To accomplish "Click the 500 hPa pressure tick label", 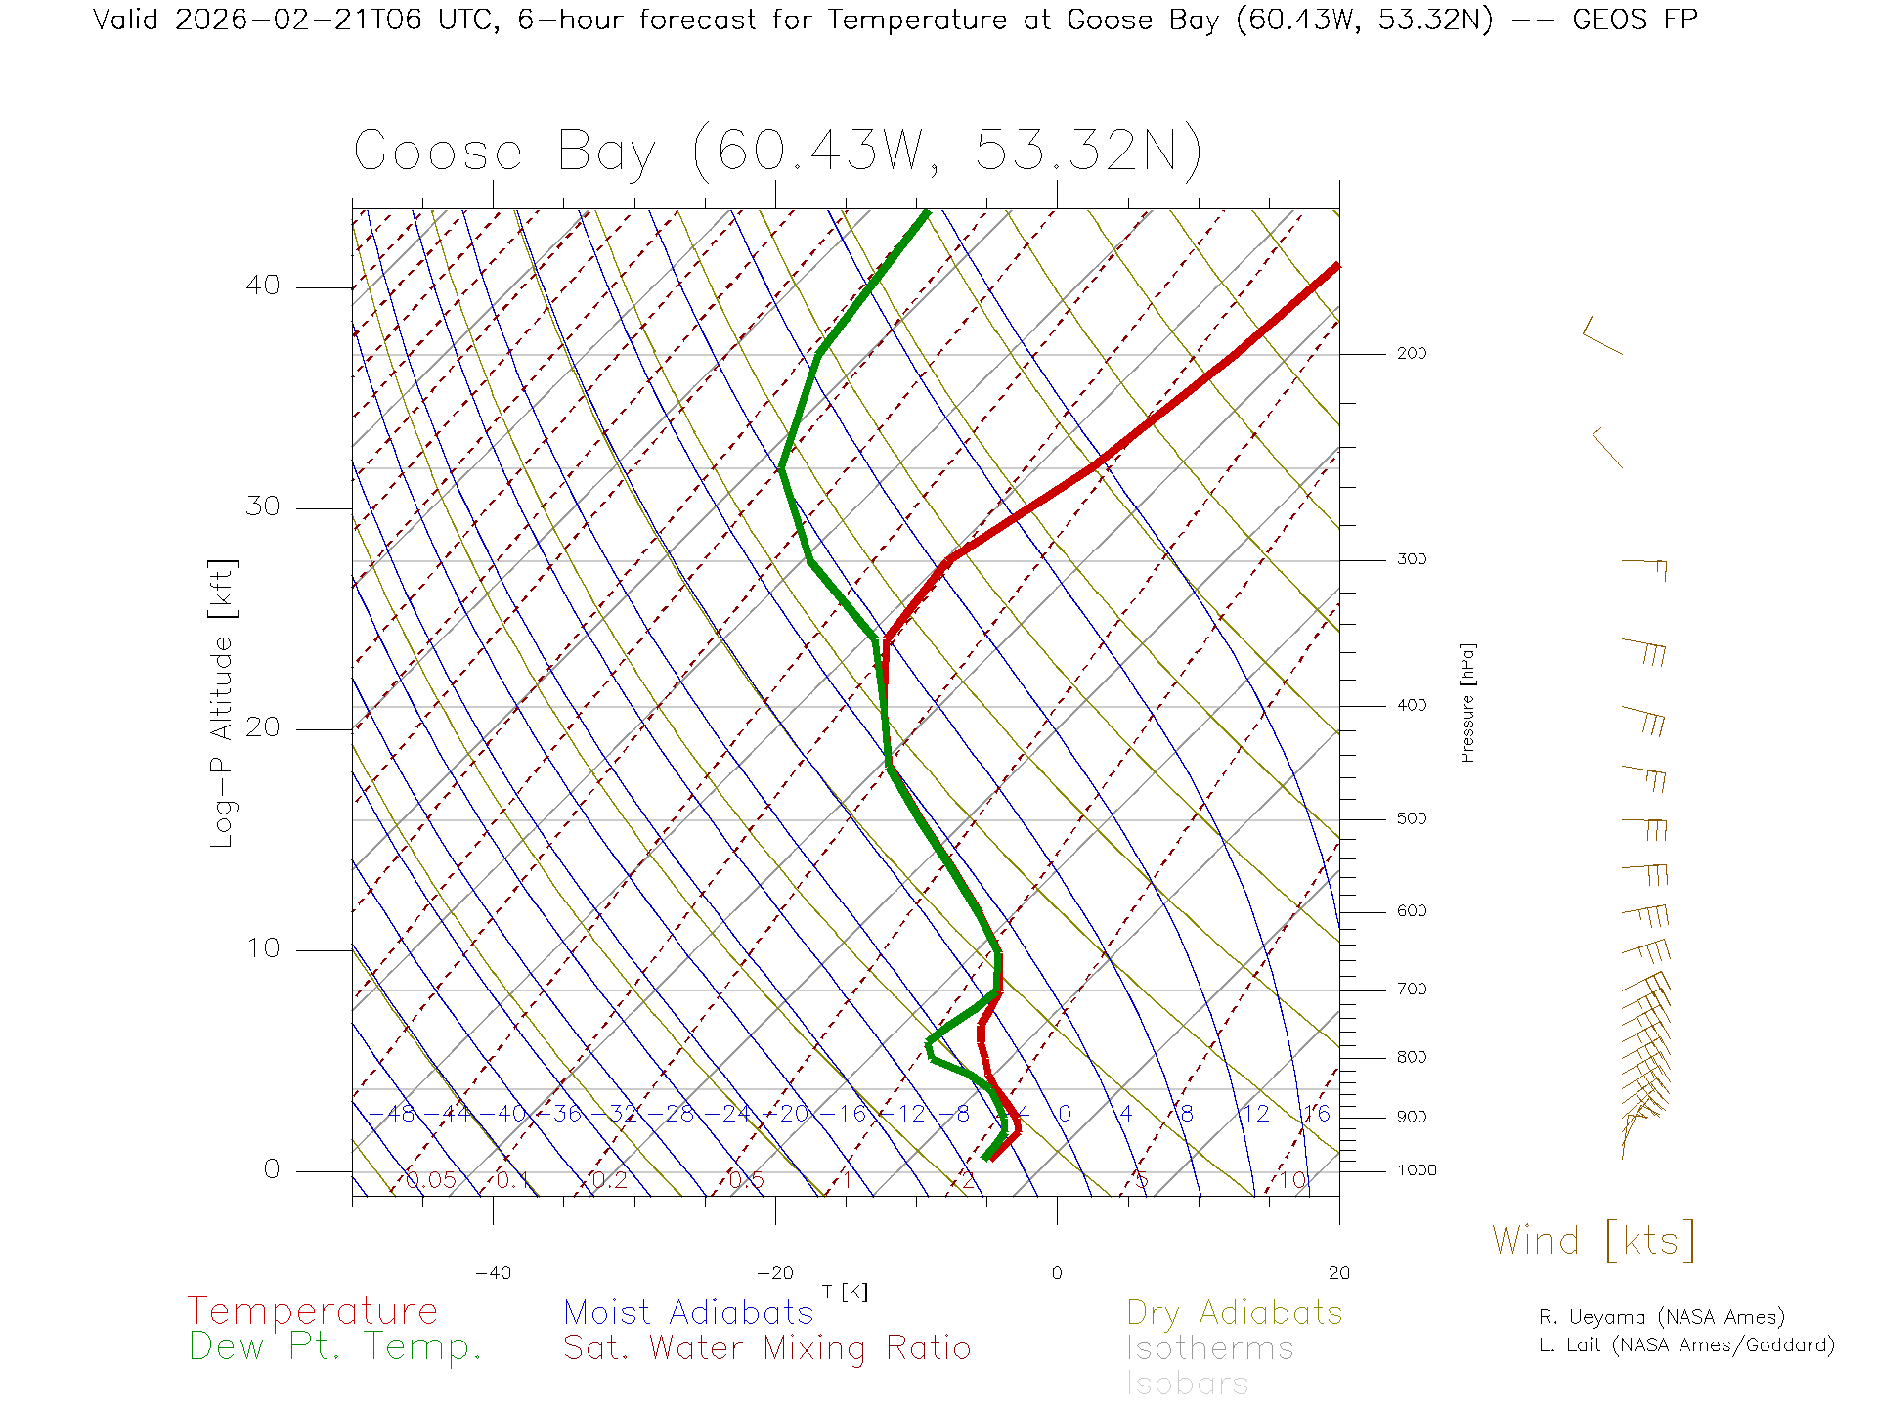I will (x=1411, y=818).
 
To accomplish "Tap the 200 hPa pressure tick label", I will (x=1411, y=353).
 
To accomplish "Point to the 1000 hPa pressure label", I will (x=1417, y=1170).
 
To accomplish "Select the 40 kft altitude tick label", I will (x=262, y=286).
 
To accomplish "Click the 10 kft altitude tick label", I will (x=262, y=948).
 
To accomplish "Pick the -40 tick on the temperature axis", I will (x=493, y=1273).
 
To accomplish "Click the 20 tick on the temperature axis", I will (x=1338, y=1273).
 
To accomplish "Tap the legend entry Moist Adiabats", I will (x=688, y=1312).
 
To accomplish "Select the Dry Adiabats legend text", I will (x=1234, y=1312).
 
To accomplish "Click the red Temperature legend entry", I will (x=312, y=1310).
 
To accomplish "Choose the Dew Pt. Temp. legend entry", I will (x=334, y=1347).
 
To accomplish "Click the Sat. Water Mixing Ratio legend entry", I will (x=766, y=1348).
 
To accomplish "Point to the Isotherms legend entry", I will (x=1209, y=1348).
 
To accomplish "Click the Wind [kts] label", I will (x=1593, y=1241).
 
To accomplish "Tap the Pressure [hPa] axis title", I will (x=1467, y=702).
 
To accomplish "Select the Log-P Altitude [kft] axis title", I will (x=222, y=702).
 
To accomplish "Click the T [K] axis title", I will (x=845, y=1292).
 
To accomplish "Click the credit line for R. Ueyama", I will (x=1661, y=1317).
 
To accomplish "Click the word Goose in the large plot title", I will (x=437, y=153).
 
